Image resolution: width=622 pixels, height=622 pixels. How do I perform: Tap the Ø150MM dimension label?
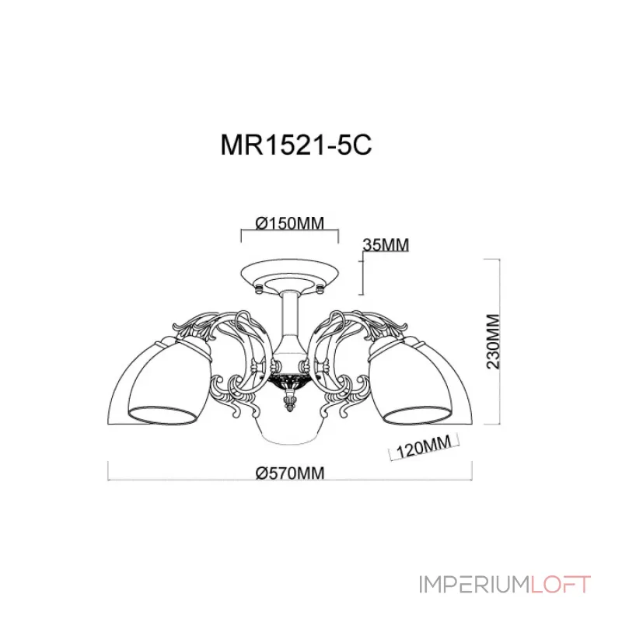[x=288, y=222]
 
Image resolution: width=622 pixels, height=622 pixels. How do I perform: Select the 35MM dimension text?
[x=386, y=245]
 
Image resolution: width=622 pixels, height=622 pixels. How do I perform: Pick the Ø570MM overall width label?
[x=288, y=472]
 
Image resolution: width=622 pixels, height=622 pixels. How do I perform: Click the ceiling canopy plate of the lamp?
[x=289, y=274]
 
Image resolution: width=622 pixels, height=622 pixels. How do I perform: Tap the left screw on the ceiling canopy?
[x=257, y=288]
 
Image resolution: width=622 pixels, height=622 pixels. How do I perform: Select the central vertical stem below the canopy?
[x=289, y=319]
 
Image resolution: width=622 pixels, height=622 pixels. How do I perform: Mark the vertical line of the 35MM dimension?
[x=363, y=276]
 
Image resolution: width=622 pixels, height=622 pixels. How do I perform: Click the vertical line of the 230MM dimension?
[x=487, y=341]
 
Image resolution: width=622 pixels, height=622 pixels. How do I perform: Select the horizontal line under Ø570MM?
[x=288, y=480]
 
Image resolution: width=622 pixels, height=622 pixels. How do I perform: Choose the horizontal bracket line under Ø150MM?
[x=288, y=231]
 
